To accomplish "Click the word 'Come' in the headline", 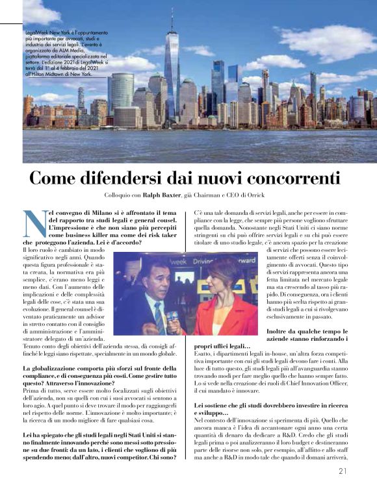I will point(54,177).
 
